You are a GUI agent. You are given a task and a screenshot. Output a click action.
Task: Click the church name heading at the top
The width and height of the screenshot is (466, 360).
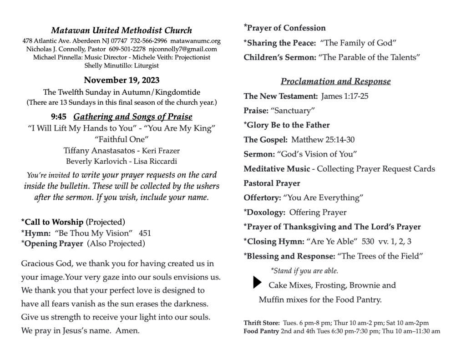coord(122,31)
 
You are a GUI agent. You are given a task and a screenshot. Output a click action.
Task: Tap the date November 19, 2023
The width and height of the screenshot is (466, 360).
coord(122,81)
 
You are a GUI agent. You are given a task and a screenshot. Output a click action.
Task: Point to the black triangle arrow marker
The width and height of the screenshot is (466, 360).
coord(257,283)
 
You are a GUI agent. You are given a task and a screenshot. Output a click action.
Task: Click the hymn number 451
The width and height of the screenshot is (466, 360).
coord(145,233)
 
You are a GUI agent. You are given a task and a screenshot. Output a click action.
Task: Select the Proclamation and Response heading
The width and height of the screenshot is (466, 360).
coord(335,81)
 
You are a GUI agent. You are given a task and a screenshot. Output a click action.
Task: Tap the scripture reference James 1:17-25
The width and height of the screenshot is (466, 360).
coord(345,96)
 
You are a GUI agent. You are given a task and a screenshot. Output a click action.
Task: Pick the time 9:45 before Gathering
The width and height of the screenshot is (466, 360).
coord(59,117)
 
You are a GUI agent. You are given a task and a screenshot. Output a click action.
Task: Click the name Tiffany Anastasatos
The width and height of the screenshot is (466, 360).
coord(99,150)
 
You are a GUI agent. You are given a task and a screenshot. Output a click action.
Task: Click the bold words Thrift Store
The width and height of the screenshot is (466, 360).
coord(262,323)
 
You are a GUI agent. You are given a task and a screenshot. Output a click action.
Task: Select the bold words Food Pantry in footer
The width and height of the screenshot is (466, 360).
coord(261,331)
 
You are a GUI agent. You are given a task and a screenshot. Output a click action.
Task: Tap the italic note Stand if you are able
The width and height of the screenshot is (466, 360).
coord(304,271)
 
